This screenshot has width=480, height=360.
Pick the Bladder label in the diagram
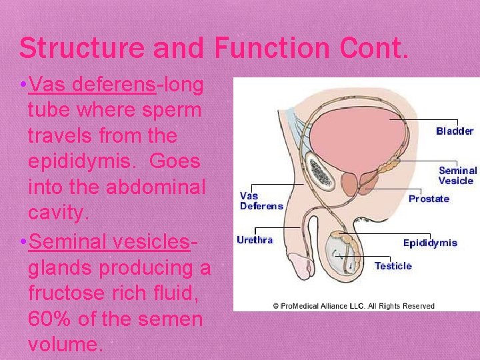pyautogui.click(x=455, y=131)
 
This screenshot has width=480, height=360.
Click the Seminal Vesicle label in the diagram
pyautogui.click(x=457, y=175)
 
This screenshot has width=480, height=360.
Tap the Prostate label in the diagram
pyautogui.click(x=429, y=199)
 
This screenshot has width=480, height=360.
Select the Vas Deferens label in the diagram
pyautogui.click(x=261, y=201)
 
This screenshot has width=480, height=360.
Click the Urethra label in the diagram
pyautogui.click(x=255, y=239)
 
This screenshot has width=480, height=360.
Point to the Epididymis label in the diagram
pyautogui.click(x=430, y=243)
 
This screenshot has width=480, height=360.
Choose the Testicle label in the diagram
pyautogui.click(x=393, y=266)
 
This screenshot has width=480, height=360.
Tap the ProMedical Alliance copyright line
pyautogui.click(x=353, y=306)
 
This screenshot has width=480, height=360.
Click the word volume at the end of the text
pyautogui.click(x=65, y=345)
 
